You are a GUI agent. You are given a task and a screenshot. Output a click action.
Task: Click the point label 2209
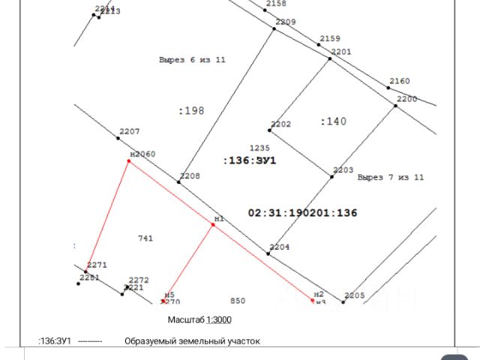click(286, 22)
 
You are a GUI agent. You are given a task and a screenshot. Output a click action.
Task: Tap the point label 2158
click(276, 4)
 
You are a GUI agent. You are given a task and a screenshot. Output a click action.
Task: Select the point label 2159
click(330, 38)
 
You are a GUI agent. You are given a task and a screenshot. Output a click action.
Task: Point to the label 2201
click(341, 52)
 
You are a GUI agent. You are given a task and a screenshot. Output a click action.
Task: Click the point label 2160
click(400, 81)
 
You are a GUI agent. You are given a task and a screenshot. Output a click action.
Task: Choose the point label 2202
click(281, 124)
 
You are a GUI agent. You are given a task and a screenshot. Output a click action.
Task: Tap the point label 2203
click(343, 170)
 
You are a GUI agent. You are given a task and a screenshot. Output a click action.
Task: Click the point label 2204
click(280, 247)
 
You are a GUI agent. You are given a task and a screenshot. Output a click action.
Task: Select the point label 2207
click(130, 131)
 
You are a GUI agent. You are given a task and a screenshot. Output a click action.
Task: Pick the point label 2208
click(190, 175)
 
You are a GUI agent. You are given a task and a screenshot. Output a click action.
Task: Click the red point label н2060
click(142, 154)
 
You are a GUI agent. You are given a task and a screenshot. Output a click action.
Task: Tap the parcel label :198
click(191, 110)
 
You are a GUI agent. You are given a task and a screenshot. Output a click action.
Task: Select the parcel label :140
click(333, 121)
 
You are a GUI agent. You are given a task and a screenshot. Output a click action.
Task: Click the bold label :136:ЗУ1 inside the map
click(250, 160)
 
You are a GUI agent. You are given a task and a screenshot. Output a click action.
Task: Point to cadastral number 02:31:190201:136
click(302, 213)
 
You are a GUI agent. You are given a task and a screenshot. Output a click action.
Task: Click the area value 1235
click(259, 148)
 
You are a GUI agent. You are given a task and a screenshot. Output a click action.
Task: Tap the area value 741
click(145, 238)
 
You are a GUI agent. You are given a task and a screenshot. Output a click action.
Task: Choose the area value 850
click(238, 301)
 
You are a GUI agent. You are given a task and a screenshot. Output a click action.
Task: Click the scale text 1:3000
click(219, 319)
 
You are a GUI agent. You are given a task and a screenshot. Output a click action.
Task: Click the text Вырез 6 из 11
click(192, 59)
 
